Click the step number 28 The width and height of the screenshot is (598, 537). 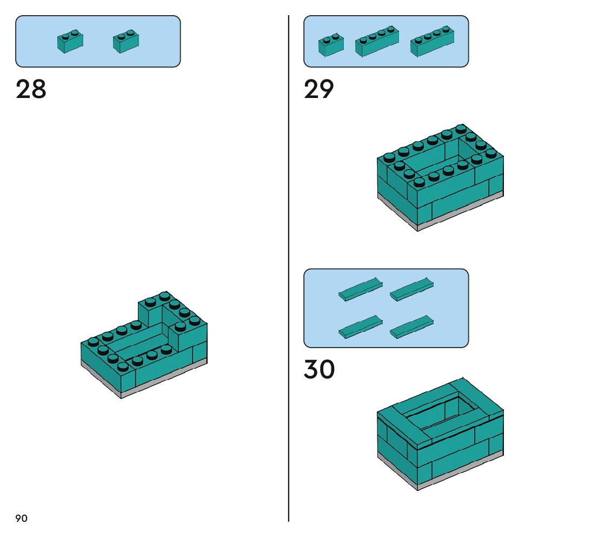click(x=31, y=89)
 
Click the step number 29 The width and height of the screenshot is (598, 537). click(x=319, y=89)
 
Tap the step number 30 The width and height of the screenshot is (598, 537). click(x=319, y=370)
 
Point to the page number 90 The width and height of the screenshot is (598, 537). click(x=21, y=519)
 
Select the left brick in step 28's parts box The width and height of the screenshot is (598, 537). click(x=70, y=42)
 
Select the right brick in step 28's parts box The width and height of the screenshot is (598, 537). click(x=126, y=42)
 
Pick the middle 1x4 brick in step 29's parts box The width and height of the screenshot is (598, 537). click(x=377, y=42)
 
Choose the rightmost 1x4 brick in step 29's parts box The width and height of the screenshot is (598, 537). click(x=432, y=41)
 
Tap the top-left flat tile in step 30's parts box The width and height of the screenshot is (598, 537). click(x=360, y=289)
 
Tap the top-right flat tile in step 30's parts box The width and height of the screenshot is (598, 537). click(x=412, y=289)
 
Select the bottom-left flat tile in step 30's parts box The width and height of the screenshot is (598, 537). click(x=360, y=326)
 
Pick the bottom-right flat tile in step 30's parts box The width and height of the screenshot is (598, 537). click(x=412, y=326)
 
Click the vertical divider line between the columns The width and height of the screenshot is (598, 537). click(x=289, y=271)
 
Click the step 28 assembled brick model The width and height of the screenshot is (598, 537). click(x=144, y=346)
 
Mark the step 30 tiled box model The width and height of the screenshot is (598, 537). click(x=440, y=433)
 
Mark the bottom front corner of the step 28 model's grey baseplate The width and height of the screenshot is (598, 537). click(x=121, y=396)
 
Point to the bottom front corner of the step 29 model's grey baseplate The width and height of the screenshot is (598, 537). click(x=417, y=229)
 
